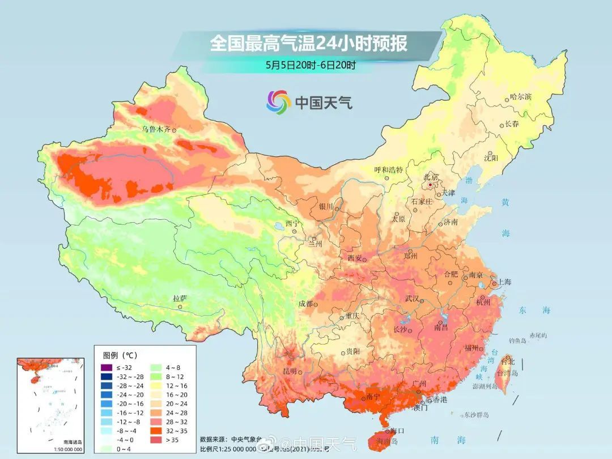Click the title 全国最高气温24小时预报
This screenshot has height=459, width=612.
[309, 44]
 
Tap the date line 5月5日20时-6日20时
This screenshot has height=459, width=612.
[311, 65]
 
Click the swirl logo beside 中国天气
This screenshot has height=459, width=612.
[278, 102]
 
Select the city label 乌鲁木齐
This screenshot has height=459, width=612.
[156, 129]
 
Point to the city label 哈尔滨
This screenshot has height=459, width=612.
[521, 97]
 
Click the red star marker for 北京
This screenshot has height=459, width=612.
[430, 185]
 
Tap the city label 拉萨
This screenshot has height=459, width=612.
[180, 298]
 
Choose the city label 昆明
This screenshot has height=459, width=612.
[290, 371]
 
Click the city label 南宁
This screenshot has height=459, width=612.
[373, 397]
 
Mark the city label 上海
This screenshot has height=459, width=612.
[504, 282]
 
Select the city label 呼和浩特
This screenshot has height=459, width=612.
[389, 169]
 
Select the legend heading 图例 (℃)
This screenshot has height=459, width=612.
[120, 355]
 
